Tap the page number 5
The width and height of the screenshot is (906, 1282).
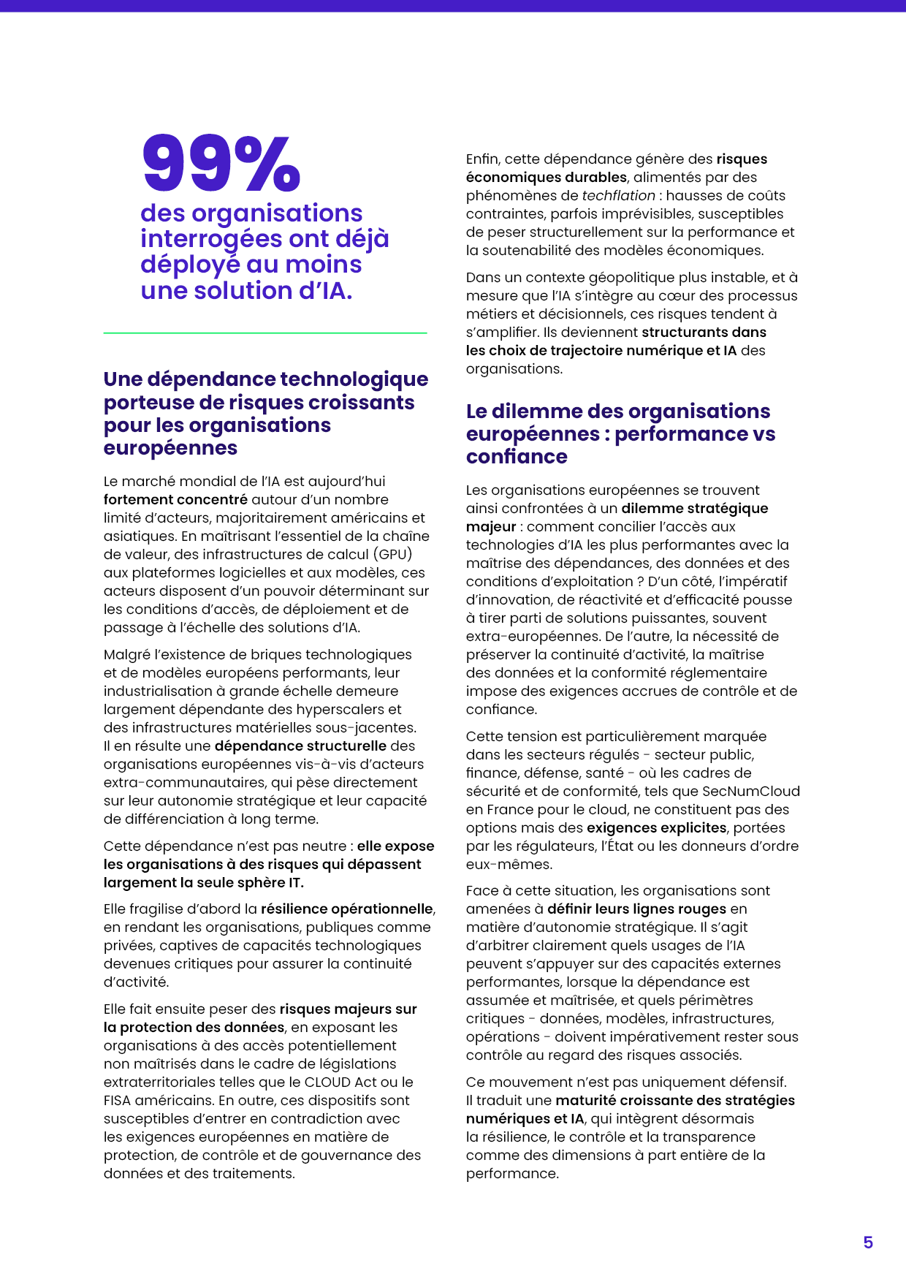(868, 1243)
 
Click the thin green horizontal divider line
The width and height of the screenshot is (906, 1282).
(264, 333)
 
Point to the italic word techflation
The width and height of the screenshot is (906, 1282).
(618, 196)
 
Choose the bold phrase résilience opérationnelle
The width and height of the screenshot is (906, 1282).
(347, 909)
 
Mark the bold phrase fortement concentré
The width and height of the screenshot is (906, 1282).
(175, 500)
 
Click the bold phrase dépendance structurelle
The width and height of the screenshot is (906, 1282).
(300, 746)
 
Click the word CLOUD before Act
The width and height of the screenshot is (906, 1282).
(327, 1082)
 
